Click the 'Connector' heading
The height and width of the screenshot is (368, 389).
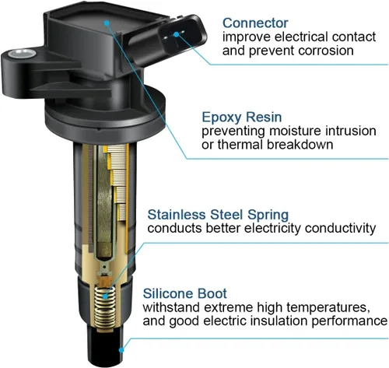point(255,23)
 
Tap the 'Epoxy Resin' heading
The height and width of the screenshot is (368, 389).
point(242,117)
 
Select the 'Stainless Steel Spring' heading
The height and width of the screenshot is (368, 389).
point(218,215)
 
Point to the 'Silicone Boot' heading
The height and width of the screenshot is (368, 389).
point(184,293)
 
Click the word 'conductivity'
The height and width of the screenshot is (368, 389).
point(340,229)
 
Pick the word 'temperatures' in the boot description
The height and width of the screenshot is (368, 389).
point(328,307)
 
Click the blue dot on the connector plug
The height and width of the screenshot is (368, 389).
point(177,34)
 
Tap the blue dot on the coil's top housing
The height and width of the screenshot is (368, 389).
point(107,23)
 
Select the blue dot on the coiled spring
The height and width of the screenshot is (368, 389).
point(105,296)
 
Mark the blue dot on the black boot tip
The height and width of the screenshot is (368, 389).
point(121,350)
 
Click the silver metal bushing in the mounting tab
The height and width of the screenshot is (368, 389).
point(22,54)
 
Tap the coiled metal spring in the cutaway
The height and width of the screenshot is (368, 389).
point(104,308)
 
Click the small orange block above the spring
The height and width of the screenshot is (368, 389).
point(104,281)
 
